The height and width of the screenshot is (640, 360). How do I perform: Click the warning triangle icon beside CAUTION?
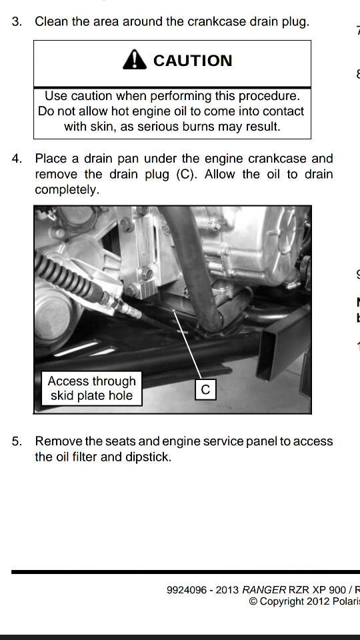tap(135, 60)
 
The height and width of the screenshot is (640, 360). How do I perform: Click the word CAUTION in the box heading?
tap(193, 61)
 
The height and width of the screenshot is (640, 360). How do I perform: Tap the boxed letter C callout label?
tap(205, 390)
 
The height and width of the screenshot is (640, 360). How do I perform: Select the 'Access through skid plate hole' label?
tap(91, 389)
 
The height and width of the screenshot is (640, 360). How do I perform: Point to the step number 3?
tap(17, 21)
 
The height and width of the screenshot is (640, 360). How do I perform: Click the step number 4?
tap(17, 159)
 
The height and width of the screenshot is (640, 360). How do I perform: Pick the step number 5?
tap(17, 441)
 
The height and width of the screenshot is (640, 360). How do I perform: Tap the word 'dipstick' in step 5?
tap(147, 457)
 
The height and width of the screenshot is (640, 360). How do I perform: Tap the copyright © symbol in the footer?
tap(253, 601)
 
